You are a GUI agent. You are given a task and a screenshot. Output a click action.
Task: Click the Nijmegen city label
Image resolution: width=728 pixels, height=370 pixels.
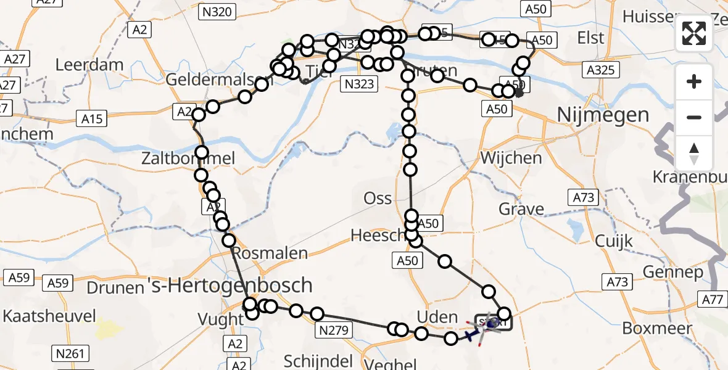click(x=594, y=115)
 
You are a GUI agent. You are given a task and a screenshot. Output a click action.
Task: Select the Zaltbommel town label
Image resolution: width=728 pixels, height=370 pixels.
click(x=197, y=158)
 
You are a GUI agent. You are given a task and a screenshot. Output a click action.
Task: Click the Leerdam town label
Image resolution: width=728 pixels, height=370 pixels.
click(x=89, y=64)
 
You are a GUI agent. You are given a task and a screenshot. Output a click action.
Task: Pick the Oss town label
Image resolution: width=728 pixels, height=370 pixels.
click(x=378, y=197)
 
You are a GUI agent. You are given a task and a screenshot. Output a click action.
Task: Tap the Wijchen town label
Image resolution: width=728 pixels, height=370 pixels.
click(x=511, y=158)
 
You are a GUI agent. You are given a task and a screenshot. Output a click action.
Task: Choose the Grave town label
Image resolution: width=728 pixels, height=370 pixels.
click(x=522, y=208)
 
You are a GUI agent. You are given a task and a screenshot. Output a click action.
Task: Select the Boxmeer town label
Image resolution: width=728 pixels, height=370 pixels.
click(x=657, y=328)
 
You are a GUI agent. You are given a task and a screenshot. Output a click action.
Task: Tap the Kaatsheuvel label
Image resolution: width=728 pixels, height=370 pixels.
click(x=49, y=316)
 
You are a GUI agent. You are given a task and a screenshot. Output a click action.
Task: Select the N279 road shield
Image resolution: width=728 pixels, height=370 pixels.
click(x=334, y=331)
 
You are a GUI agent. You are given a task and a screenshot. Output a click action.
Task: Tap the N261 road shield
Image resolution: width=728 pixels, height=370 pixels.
click(x=71, y=353)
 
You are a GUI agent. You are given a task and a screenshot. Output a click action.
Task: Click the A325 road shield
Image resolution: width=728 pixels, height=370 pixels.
click(x=600, y=70)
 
